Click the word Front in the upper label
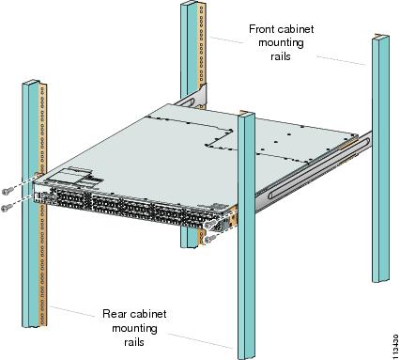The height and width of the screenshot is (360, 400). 262,29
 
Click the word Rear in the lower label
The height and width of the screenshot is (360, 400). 115,314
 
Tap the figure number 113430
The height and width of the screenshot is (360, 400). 395,345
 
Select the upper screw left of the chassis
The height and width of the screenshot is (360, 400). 8,190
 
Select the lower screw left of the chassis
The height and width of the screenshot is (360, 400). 7,207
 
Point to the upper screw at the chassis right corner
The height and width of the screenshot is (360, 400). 210,224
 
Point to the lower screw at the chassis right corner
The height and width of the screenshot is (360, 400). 209,239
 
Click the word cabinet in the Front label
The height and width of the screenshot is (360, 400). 296,29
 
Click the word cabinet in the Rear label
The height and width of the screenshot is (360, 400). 147,314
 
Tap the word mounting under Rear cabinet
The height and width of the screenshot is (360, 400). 134,329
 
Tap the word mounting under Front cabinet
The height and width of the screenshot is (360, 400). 281,43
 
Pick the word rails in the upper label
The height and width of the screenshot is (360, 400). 281,56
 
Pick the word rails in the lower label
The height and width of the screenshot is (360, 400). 134,342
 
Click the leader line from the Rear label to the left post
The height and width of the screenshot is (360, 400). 72,311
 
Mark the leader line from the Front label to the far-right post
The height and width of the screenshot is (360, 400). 341,60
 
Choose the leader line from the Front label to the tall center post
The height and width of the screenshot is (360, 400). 226,39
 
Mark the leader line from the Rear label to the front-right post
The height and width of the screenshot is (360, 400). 200,341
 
